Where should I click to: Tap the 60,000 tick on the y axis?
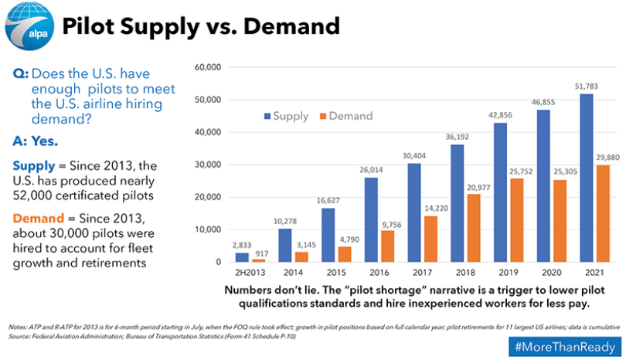tap(206, 68)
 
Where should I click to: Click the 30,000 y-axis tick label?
tap(206, 165)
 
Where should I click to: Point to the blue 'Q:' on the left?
tap(21, 73)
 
